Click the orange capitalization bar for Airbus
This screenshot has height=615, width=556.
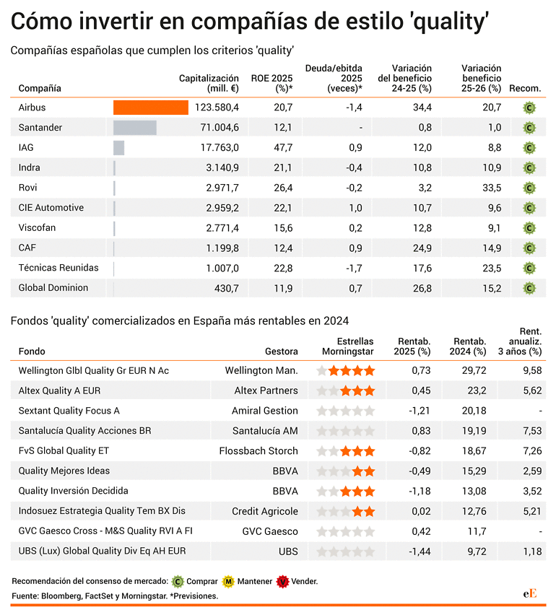151,108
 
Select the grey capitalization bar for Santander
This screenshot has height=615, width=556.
135,128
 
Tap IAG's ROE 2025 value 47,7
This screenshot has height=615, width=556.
283,147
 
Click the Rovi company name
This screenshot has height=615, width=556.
27,188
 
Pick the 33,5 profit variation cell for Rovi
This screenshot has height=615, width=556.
492,188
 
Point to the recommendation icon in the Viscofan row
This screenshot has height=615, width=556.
529,228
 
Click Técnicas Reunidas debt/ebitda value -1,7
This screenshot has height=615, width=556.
354,269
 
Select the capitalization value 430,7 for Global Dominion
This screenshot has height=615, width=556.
227,288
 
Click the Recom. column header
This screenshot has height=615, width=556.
525,88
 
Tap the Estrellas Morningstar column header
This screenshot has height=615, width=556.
347,346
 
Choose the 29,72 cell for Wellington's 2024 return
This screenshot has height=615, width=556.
474,370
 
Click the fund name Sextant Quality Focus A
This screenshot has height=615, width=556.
69,411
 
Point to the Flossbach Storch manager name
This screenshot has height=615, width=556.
259,450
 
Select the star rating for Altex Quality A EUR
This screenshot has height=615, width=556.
346,391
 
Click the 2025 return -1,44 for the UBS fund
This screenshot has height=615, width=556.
420,551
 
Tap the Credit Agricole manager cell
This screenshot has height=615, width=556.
265,511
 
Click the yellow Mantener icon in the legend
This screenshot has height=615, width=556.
228,581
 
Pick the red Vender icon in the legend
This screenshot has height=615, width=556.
282,581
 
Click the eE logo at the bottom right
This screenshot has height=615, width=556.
530,593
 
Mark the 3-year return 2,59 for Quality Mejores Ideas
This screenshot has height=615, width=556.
532,471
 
